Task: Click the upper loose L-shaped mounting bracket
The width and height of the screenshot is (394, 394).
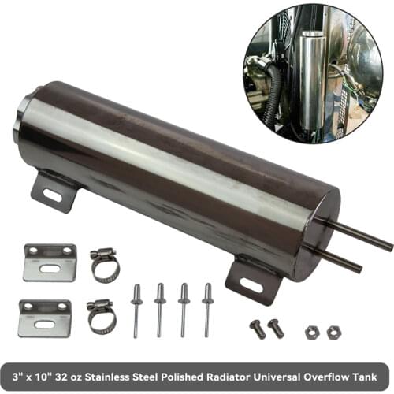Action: point(50,262)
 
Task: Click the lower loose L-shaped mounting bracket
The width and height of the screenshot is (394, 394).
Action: point(45,318)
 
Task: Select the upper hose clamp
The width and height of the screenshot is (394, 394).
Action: point(105,266)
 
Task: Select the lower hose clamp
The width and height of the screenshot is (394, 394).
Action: point(102,316)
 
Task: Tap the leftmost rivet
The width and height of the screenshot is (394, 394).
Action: point(136,310)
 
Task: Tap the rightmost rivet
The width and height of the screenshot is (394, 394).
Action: point(207,310)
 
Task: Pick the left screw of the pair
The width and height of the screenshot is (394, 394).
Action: point(258,328)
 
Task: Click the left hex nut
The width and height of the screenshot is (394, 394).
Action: point(313,333)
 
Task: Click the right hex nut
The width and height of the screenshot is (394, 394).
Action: point(334,333)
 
